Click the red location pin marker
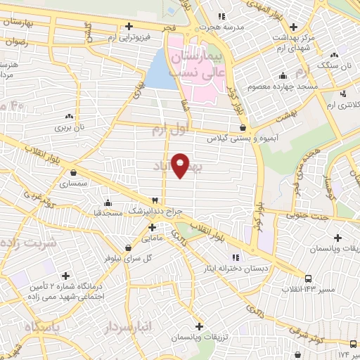180,164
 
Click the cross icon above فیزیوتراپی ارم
128,27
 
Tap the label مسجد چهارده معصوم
287,86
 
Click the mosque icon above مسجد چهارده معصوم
283,75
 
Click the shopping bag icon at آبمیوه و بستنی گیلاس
243,128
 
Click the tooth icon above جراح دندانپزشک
156,201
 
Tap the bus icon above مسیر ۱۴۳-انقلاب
309,279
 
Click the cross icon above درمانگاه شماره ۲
66,276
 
